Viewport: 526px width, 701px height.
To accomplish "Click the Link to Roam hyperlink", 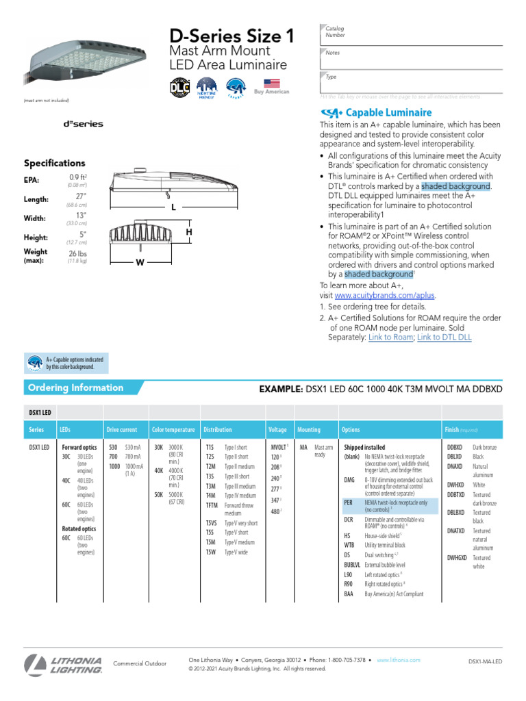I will (390, 337).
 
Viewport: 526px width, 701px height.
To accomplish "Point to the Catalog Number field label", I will (335, 31).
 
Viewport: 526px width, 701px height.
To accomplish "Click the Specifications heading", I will (55, 164).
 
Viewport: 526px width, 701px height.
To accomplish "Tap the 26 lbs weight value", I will (77, 253).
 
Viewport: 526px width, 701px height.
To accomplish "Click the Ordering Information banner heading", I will (75, 387).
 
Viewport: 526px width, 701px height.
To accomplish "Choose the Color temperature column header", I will (173, 430).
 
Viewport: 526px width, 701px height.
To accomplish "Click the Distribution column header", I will (217, 430).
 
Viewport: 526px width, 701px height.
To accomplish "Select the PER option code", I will (349, 502).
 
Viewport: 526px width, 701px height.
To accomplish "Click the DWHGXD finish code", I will (457, 557).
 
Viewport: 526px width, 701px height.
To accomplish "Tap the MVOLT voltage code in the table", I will (278, 446).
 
